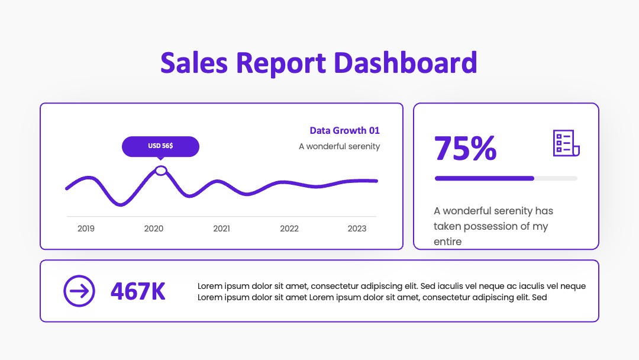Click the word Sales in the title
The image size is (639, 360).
point(194,63)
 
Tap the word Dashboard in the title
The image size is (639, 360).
point(405,63)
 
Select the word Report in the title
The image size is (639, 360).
point(281,63)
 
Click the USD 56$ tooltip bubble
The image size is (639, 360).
point(160,146)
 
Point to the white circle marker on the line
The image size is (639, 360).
point(161,171)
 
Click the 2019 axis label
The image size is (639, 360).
point(86,229)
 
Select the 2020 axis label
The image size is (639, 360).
point(154,229)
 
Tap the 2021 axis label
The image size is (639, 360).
point(222,229)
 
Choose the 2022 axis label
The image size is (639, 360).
point(289,229)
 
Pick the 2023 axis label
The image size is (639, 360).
point(357,229)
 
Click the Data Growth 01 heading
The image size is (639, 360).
point(345,130)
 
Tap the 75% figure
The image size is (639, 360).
point(466,148)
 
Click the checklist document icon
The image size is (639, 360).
point(566,143)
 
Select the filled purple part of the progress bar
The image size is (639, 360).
point(485,178)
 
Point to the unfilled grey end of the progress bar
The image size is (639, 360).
point(556,178)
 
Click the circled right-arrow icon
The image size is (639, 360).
point(79,291)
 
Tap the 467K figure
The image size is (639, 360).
point(138,291)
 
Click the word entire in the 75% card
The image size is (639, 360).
point(447,242)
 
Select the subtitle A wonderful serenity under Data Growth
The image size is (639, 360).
point(340,146)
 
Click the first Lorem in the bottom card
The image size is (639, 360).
point(210,286)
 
